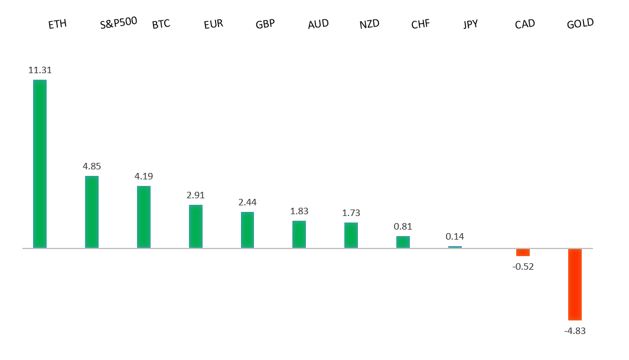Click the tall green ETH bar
(x=40, y=163)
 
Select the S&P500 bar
(x=92, y=212)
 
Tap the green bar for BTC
(x=144, y=217)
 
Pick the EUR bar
(x=195, y=226)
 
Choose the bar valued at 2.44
(x=247, y=230)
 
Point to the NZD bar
(x=351, y=235)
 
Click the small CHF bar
(x=403, y=242)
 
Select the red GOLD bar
(x=575, y=284)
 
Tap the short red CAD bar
(x=523, y=253)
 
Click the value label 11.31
(x=40, y=70)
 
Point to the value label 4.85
(x=92, y=166)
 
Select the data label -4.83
(x=575, y=330)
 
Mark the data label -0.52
(x=523, y=266)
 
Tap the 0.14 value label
(x=455, y=236)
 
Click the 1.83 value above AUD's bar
(x=299, y=211)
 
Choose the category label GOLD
(x=580, y=24)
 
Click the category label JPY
(x=471, y=24)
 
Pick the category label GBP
(x=265, y=24)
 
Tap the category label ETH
(x=57, y=24)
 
